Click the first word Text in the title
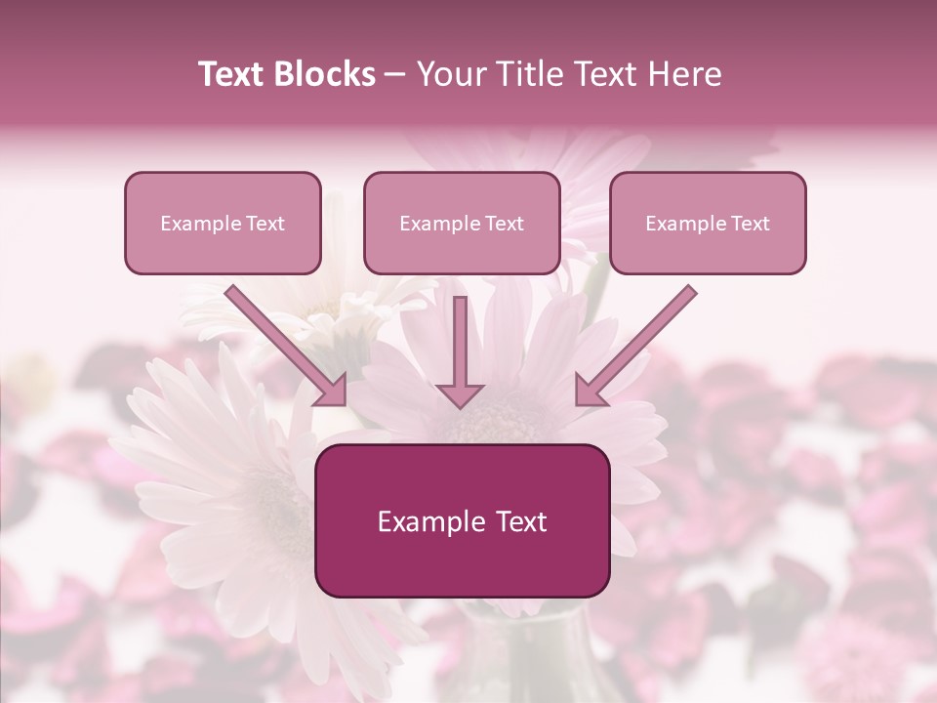click(x=234, y=74)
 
